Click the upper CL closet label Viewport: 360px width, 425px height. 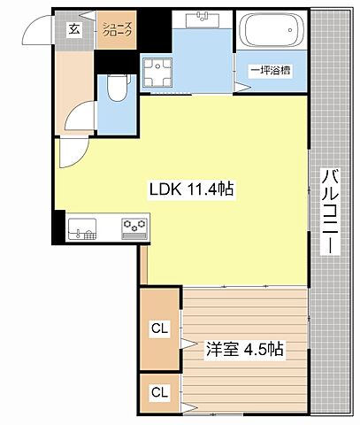point(159,329)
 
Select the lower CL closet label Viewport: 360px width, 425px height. point(159,390)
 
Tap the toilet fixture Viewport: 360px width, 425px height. point(114,88)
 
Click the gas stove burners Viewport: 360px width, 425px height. point(134,228)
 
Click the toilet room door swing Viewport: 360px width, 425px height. point(82,118)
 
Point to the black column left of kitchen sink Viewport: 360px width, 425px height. point(57,229)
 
